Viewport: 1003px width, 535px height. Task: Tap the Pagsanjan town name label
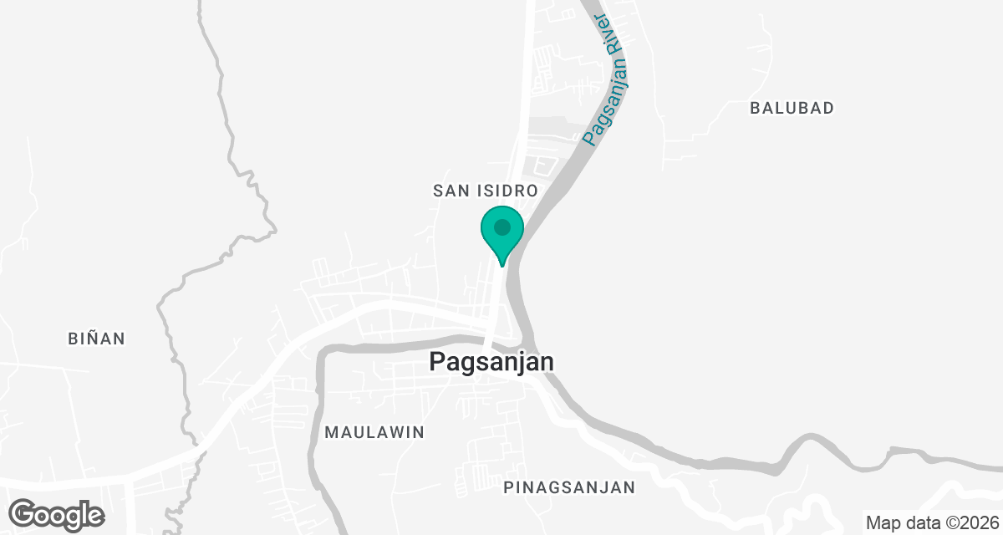(x=491, y=362)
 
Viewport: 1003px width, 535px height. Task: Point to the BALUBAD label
(x=792, y=108)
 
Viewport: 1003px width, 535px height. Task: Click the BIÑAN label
(x=96, y=339)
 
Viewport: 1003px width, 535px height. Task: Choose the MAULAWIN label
(x=374, y=432)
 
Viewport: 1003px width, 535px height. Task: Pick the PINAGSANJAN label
(x=570, y=487)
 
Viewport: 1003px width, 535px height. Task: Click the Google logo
(x=57, y=514)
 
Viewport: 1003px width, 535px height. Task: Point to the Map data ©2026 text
(x=931, y=523)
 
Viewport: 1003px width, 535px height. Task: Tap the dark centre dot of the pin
(x=501, y=227)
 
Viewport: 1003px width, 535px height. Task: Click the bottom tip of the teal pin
(x=501, y=266)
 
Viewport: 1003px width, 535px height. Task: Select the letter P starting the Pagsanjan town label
(x=436, y=362)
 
